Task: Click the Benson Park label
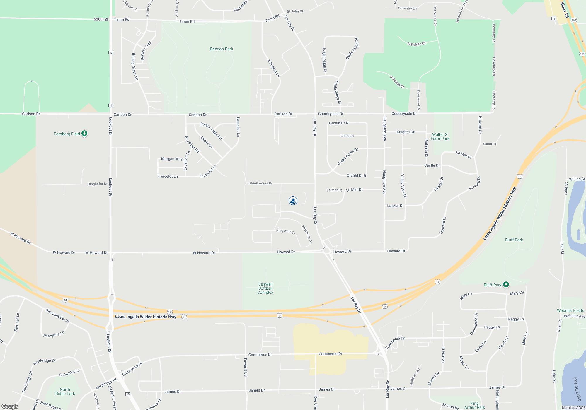point(222,49)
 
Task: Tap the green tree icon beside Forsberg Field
point(84,134)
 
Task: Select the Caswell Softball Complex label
point(265,288)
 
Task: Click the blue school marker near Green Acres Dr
point(293,201)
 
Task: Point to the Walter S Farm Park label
point(440,136)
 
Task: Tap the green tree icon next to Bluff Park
point(506,285)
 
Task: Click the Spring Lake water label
point(577,389)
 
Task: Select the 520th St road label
point(101,19)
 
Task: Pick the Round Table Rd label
point(211,131)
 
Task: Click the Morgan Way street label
point(172,159)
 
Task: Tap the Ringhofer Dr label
point(98,184)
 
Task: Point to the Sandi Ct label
point(490,144)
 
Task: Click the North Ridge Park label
point(65,392)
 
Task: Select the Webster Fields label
point(570,310)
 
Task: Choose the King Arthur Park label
point(475,405)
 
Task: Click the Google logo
point(10,406)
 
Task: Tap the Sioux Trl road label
point(564,10)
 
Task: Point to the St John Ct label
point(295,11)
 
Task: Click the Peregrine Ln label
point(54,334)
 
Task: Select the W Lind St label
point(577,179)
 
